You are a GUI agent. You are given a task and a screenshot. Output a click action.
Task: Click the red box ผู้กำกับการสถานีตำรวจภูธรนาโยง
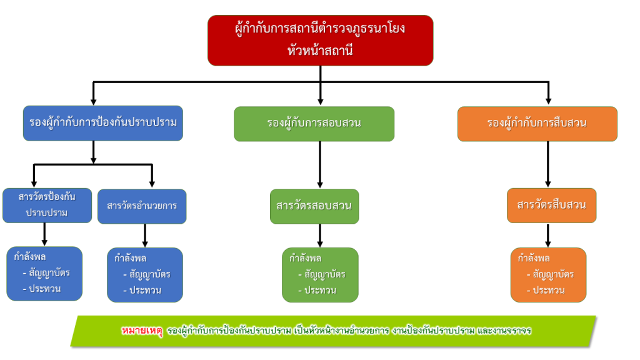[320, 40]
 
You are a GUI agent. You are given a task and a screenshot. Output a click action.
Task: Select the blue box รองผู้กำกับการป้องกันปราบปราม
[103, 122]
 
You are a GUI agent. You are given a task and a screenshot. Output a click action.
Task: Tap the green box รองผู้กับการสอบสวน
[314, 123]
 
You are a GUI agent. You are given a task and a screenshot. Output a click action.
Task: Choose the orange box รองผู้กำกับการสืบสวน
[537, 123]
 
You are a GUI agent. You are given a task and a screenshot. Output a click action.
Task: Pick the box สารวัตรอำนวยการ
[142, 206]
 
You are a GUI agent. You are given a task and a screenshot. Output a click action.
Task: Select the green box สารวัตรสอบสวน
[314, 206]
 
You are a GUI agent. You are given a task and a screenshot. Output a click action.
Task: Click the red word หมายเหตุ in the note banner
[142, 330]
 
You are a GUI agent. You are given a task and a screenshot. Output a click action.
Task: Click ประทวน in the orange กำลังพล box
[548, 290]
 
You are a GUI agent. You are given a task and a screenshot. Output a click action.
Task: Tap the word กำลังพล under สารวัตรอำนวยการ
[130, 257]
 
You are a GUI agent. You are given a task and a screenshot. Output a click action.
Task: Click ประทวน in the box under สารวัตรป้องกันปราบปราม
[44, 289]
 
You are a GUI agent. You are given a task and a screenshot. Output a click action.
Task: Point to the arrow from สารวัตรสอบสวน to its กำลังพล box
[320, 235]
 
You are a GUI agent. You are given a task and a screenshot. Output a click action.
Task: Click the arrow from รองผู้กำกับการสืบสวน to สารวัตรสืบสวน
[548, 164]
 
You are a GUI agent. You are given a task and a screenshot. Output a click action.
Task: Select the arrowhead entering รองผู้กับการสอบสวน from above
[320, 100]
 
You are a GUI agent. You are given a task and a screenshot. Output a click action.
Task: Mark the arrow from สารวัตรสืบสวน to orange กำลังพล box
[548, 235]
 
